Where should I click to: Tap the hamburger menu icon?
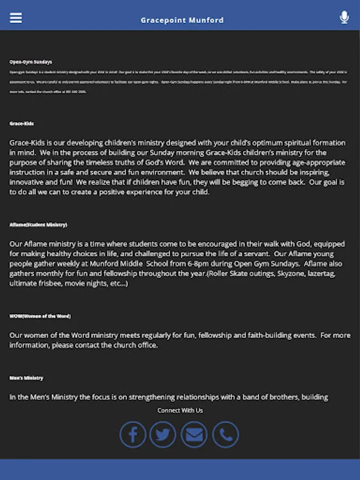pyautogui.click(x=16, y=18)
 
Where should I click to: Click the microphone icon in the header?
pyautogui.click(x=344, y=18)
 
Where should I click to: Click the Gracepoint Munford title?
pyautogui.click(x=182, y=20)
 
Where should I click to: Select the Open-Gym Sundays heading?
pyautogui.click(x=31, y=62)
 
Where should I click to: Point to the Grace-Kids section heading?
pyautogui.click(x=22, y=124)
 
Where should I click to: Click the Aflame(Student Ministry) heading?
pyautogui.click(x=38, y=225)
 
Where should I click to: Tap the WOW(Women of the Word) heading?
pyautogui.click(x=40, y=316)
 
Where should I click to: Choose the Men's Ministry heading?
pyautogui.click(x=26, y=378)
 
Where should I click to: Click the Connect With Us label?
pyautogui.click(x=180, y=410)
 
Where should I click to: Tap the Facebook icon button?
pyautogui.click(x=133, y=435)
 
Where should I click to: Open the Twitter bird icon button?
pyautogui.click(x=163, y=435)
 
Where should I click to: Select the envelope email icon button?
pyautogui.click(x=194, y=435)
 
